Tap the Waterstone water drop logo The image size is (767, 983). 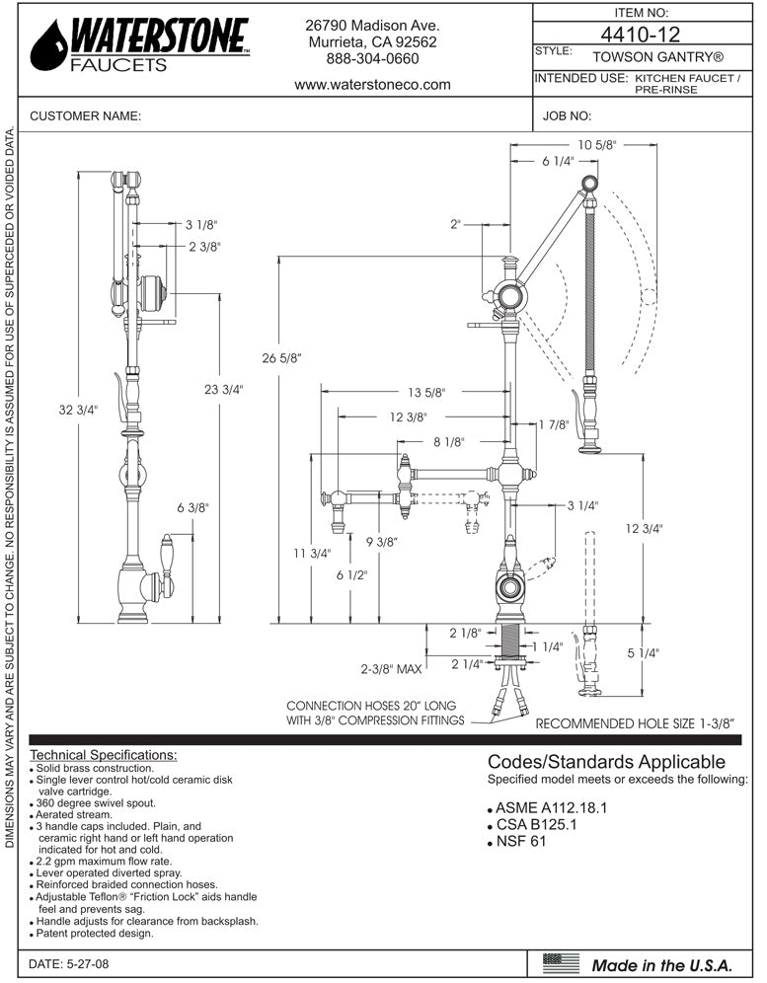tap(47, 45)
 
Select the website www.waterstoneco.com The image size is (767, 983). tap(372, 85)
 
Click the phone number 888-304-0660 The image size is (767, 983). tap(372, 59)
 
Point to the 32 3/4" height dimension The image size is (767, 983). tap(79, 411)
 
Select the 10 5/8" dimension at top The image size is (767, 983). tap(596, 144)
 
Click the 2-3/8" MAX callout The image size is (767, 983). tap(392, 669)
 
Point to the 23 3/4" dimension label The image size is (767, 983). tap(223, 390)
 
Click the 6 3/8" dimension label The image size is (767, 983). tap(194, 507)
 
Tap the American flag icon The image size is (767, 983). tap(562, 961)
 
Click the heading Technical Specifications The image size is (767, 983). tap(104, 754)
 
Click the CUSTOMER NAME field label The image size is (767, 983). tap(86, 116)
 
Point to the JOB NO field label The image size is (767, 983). tap(567, 116)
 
